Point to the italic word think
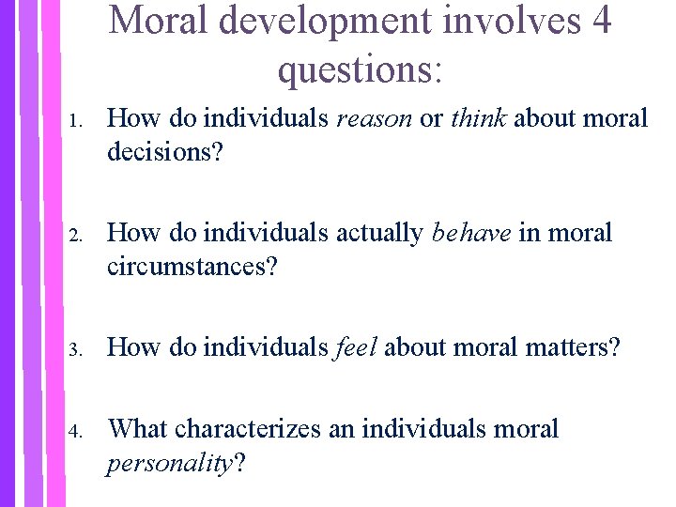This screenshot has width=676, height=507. click(x=479, y=118)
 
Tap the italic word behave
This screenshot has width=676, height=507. click(x=471, y=233)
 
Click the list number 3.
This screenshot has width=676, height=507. click(x=80, y=350)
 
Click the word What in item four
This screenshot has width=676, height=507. click(x=138, y=430)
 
